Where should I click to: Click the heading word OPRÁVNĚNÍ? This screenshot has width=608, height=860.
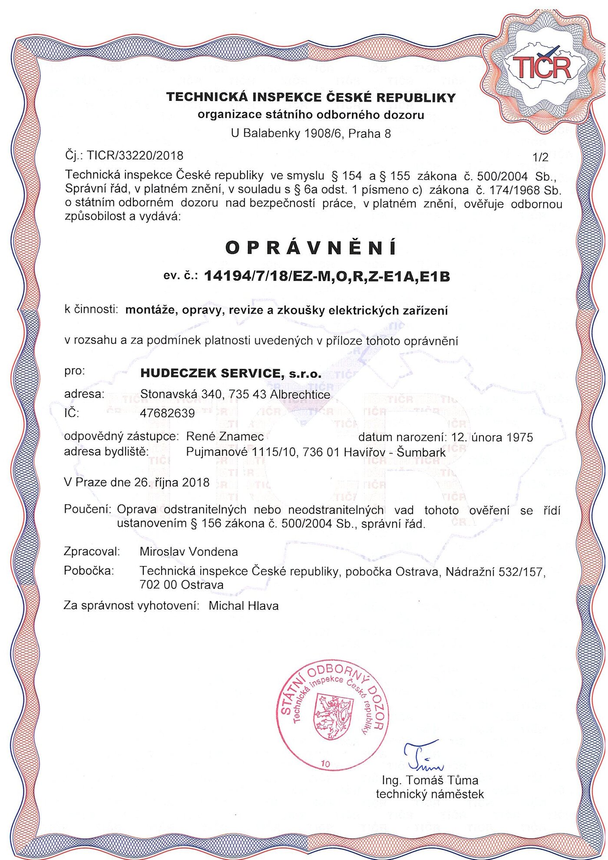[x=311, y=248]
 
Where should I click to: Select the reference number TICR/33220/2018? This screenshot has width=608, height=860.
[x=135, y=155]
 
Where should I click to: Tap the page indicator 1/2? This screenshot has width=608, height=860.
[x=540, y=157]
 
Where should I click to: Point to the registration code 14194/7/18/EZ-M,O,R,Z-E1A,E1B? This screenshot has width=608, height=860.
[x=327, y=276]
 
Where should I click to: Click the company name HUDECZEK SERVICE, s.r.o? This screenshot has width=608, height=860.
[x=231, y=373]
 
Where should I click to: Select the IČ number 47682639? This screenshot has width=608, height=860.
[x=167, y=413]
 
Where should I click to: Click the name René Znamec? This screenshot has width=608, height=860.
[x=225, y=437]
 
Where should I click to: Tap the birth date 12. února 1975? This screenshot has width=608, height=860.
[x=492, y=437]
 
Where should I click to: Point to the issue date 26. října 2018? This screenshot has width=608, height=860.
[x=172, y=483]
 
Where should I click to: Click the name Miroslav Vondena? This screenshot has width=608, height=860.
[x=188, y=552]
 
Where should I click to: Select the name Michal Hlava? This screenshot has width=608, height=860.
[x=243, y=606]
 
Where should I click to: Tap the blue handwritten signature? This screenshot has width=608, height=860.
[x=422, y=754]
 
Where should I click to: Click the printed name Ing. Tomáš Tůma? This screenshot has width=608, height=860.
[x=430, y=781]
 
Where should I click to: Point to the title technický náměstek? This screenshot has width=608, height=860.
[x=430, y=794]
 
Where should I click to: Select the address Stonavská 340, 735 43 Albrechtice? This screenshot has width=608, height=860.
[x=235, y=394]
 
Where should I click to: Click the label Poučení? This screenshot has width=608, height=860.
[x=88, y=509]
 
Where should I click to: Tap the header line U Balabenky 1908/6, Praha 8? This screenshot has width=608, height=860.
[x=311, y=133]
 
